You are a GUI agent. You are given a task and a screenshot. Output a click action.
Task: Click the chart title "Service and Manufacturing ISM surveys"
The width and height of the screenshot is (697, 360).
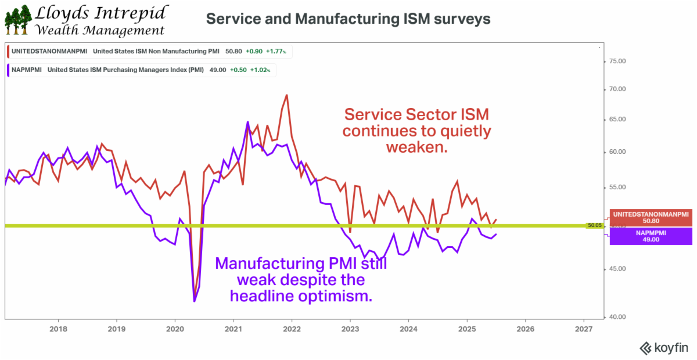tap(348, 19)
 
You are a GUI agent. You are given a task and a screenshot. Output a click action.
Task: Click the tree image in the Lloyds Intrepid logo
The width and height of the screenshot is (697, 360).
tap(17, 20)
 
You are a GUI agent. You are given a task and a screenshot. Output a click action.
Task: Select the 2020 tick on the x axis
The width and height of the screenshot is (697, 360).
tap(175, 329)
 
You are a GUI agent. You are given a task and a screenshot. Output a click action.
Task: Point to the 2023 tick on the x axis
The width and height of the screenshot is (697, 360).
tap(350, 329)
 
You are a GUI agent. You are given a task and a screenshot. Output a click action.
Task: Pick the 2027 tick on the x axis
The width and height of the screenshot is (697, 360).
tap(583, 329)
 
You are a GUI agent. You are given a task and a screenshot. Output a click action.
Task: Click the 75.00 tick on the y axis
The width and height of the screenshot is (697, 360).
tap(617, 61)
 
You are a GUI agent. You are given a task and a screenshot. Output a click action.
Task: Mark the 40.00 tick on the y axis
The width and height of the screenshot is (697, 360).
tap(617, 317)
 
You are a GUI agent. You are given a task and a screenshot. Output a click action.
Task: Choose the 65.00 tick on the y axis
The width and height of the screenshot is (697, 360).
tap(617, 120)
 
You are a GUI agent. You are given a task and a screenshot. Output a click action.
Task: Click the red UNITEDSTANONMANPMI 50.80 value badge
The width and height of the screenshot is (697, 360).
tap(650, 217)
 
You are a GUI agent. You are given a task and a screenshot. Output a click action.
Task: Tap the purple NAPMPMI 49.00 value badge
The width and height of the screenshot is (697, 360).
tap(650, 236)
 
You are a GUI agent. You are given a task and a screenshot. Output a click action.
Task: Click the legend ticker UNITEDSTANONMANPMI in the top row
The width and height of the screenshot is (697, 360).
tap(49, 51)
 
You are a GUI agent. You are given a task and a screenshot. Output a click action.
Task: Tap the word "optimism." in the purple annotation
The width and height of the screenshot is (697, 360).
tap(343, 296)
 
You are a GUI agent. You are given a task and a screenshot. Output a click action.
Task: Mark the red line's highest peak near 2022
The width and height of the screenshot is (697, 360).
tap(286, 95)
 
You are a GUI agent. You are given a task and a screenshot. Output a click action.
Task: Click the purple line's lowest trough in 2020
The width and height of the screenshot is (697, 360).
tap(194, 301)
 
